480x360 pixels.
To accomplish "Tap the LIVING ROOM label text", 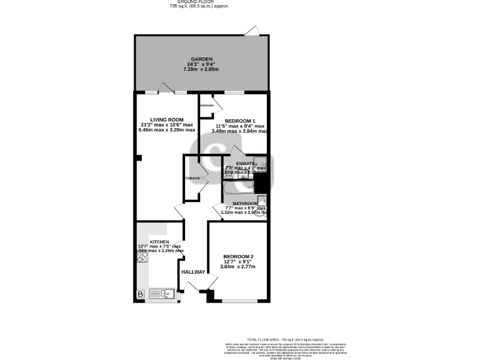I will click(166, 119).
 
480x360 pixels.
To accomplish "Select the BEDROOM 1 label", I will click(240, 121).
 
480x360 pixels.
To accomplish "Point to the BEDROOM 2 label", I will click(239, 257).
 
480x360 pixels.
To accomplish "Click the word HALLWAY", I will click(193, 272).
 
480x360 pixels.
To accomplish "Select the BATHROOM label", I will click(245, 204).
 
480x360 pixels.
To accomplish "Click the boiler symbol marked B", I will click(141, 293).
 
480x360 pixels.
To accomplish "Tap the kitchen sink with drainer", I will click(164, 292).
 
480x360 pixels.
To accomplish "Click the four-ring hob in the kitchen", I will click(142, 257).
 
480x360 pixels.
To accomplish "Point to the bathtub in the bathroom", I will click(240, 187).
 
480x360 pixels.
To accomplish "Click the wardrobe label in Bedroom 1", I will click(207, 106).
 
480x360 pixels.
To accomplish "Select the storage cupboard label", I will click(192, 178).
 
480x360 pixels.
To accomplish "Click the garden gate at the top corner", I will click(253, 31).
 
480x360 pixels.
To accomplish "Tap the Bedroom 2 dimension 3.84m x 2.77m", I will click(238, 267).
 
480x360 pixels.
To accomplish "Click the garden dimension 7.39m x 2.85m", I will click(202, 69).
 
